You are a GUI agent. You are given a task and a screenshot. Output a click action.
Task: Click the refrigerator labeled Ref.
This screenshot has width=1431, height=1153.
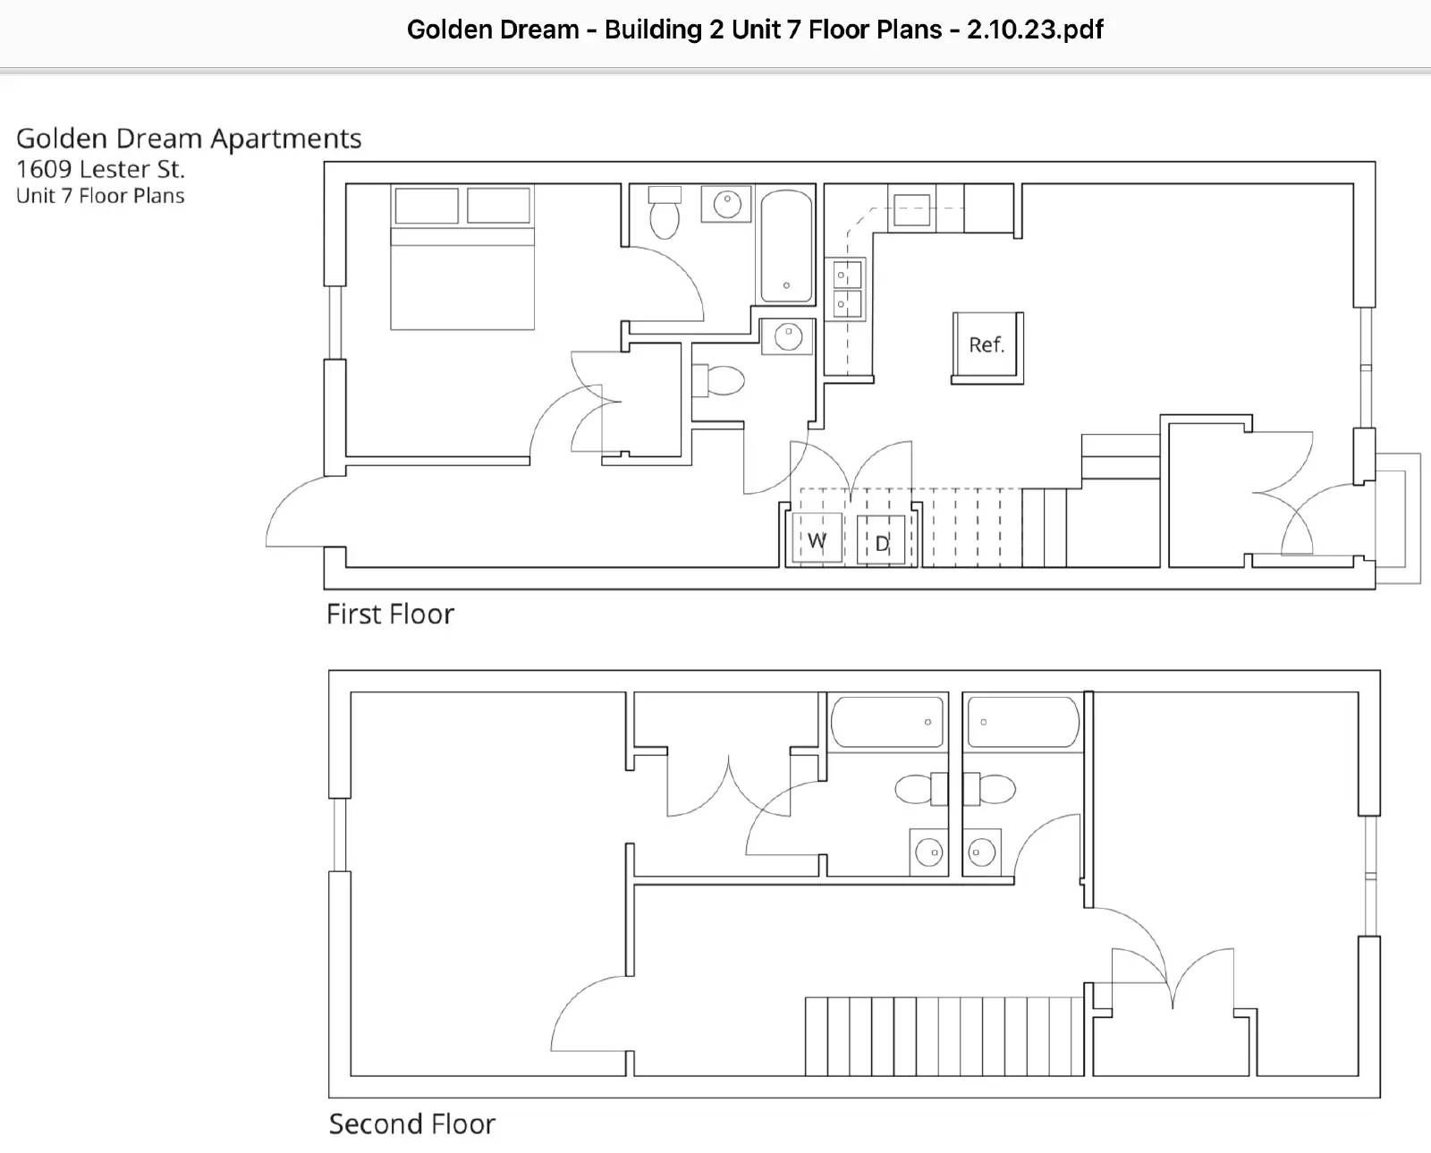point(986,347)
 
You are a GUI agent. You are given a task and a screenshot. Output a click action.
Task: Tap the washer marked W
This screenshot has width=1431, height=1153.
point(817,538)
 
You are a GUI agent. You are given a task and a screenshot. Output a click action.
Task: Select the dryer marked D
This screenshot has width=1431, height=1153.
point(881,540)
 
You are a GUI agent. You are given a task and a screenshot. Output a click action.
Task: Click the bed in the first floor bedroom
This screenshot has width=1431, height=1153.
point(462,257)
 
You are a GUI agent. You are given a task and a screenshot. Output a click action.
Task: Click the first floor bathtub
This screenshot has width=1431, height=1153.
point(786,246)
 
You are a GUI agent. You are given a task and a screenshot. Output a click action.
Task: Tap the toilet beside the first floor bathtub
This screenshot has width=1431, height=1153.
point(665,212)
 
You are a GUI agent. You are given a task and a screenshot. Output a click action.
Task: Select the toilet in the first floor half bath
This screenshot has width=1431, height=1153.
point(718,380)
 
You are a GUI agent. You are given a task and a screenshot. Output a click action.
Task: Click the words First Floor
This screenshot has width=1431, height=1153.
point(390,615)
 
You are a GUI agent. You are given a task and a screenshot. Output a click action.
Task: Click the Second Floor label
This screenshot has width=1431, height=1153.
point(412,1123)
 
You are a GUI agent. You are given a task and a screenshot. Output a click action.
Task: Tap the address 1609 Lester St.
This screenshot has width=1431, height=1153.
point(100,169)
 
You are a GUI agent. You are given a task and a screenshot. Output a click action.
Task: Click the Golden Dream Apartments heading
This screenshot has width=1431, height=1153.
point(189,139)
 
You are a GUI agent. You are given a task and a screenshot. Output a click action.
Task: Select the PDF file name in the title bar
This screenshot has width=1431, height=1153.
point(755,30)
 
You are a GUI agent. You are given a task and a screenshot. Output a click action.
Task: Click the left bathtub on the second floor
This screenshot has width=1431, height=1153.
point(887,722)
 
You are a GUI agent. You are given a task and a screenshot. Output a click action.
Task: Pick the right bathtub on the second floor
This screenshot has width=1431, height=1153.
point(1023,722)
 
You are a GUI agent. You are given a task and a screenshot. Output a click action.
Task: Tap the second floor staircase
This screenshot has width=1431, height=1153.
point(944,1036)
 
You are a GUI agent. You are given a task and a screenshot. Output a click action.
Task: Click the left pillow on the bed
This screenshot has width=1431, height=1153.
point(427,205)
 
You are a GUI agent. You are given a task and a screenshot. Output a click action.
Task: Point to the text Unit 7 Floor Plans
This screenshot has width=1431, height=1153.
point(100,196)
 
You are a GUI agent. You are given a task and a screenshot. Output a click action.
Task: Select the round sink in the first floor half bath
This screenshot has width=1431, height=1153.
point(788,336)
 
